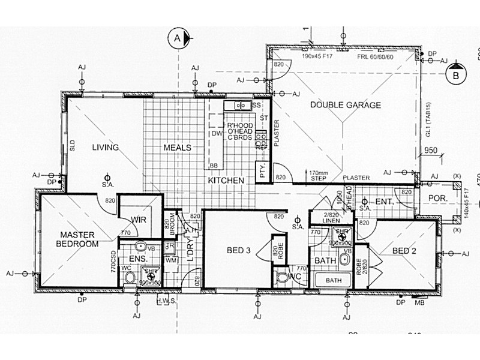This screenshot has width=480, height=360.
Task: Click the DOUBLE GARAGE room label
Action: (345, 105)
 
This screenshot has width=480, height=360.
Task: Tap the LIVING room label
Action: (105, 147)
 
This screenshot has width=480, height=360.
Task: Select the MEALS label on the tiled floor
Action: (177, 147)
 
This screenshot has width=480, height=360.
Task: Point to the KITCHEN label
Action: (226, 180)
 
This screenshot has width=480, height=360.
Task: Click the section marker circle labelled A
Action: (177, 38)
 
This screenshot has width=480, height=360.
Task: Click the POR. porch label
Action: (435, 197)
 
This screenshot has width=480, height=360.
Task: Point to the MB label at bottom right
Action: (419, 303)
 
